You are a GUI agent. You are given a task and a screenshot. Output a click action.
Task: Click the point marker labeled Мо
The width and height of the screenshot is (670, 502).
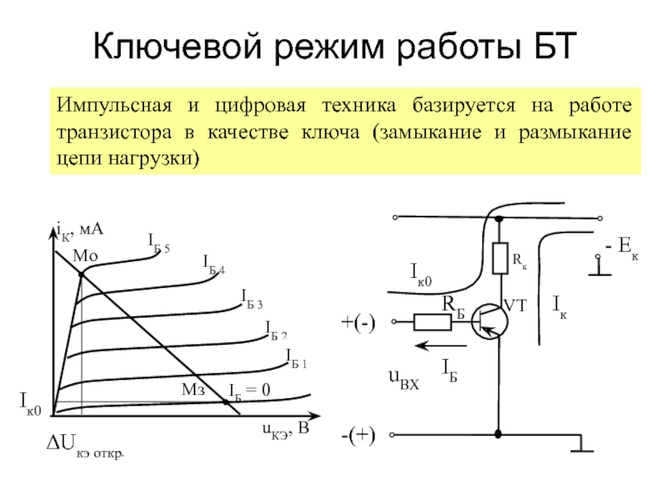(x=81, y=274)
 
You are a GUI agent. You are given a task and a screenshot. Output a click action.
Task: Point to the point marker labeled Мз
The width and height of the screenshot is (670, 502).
(x=225, y=402)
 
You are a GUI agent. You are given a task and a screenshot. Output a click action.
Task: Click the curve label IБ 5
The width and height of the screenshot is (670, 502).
(x=159, y=243)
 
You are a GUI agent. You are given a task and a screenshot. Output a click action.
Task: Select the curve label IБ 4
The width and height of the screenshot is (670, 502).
(x=214, y=264)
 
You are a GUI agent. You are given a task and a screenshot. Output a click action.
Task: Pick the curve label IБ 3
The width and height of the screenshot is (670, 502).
(x=251, y=297)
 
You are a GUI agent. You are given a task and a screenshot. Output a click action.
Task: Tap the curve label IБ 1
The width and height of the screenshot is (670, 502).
(x=296, y=360)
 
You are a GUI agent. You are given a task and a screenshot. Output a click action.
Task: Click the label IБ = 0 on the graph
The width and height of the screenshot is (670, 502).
(x=250, y=390)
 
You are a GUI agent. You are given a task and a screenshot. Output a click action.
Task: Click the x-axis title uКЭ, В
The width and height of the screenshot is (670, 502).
(x=284, y=430)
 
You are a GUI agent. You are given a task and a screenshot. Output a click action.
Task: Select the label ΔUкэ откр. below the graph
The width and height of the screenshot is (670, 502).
(x=85, y=453)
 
